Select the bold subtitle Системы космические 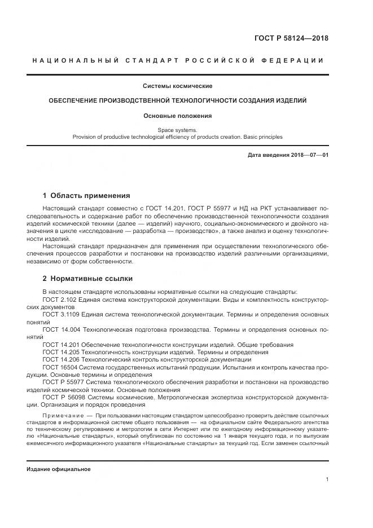177,86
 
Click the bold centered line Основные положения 177,116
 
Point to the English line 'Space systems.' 177,130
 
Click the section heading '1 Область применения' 86,196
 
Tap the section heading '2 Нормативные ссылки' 87,279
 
